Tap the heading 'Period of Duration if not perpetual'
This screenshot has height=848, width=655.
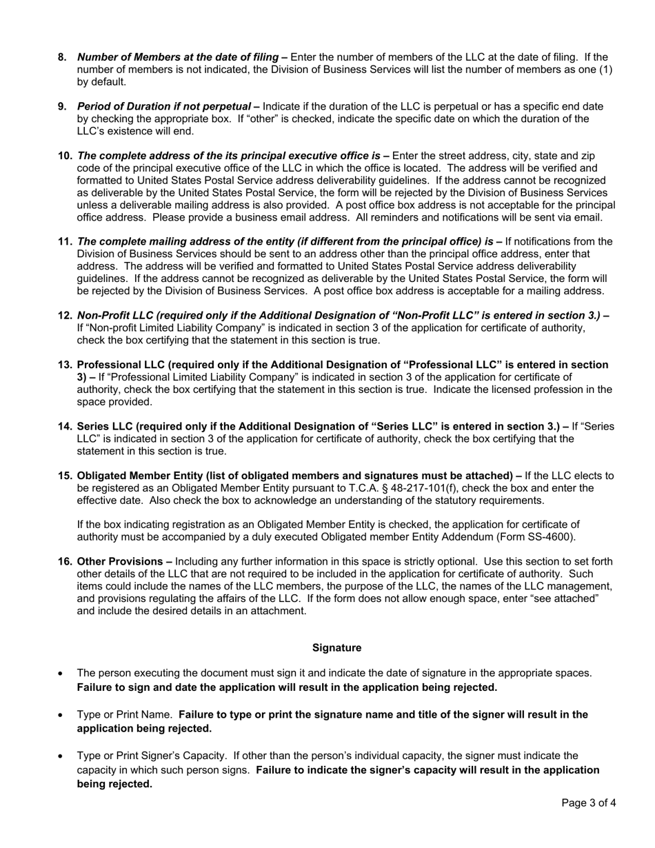pyautogui.click(x=164, y=106)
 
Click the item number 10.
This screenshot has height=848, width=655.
pyautogui.click(x=65, y=156)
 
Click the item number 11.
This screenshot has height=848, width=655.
pyautogui.click(x=65, y=241)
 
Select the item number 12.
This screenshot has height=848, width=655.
pyautogui.click(x=65, y=315)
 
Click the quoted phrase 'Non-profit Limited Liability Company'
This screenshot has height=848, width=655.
pyautogui.click(x=176, y=327)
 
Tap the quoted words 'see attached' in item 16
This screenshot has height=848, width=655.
pyautogui.click(x=564, y=598)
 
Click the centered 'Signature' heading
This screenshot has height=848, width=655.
pyautogui.click(x=336, y=647)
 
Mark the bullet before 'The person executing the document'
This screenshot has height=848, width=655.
pyautogui.click(x=62, y=673)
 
